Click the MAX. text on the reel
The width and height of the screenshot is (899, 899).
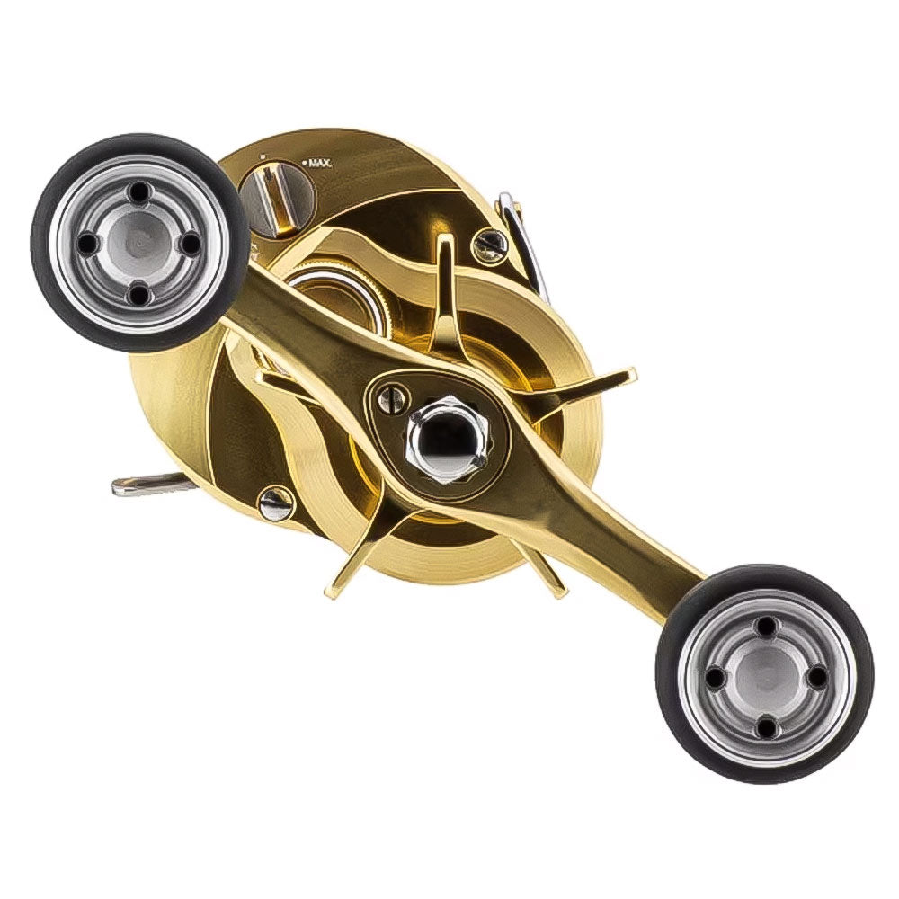click(x=319, y=163)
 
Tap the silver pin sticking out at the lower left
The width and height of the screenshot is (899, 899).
click(x=144, y=485)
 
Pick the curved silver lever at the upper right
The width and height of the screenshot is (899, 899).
click(x=526, y=238)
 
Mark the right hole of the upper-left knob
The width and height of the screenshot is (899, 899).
click(x=189, y=242)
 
